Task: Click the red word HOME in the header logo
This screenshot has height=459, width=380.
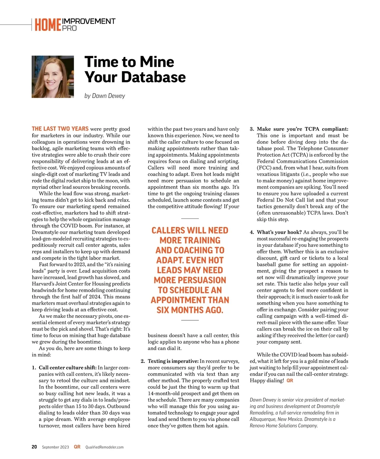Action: pos(48,25)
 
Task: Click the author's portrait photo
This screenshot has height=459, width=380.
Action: pos(53,77)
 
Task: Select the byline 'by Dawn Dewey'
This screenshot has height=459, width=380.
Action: pos(104,96)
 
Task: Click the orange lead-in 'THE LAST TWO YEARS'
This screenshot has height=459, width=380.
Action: pos(60,129)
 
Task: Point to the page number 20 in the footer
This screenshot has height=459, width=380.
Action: pos(34,447)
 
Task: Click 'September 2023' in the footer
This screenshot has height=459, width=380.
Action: pos(55,447)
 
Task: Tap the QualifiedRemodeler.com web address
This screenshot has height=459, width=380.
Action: pos(104,447)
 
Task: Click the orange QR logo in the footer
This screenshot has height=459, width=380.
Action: pos(77,447)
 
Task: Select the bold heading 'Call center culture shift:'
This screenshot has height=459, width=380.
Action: pos(67,368)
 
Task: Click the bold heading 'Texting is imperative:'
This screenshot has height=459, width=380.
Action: pos(173,361)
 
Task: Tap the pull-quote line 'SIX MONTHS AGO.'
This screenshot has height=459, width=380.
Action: pos(190,310)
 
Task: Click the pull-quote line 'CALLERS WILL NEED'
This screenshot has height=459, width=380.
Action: pos(190,230)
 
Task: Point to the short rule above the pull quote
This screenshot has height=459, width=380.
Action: pos(190,219)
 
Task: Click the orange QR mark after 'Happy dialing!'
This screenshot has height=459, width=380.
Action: pos(290,380)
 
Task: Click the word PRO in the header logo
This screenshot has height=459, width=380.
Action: pos(69,28)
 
